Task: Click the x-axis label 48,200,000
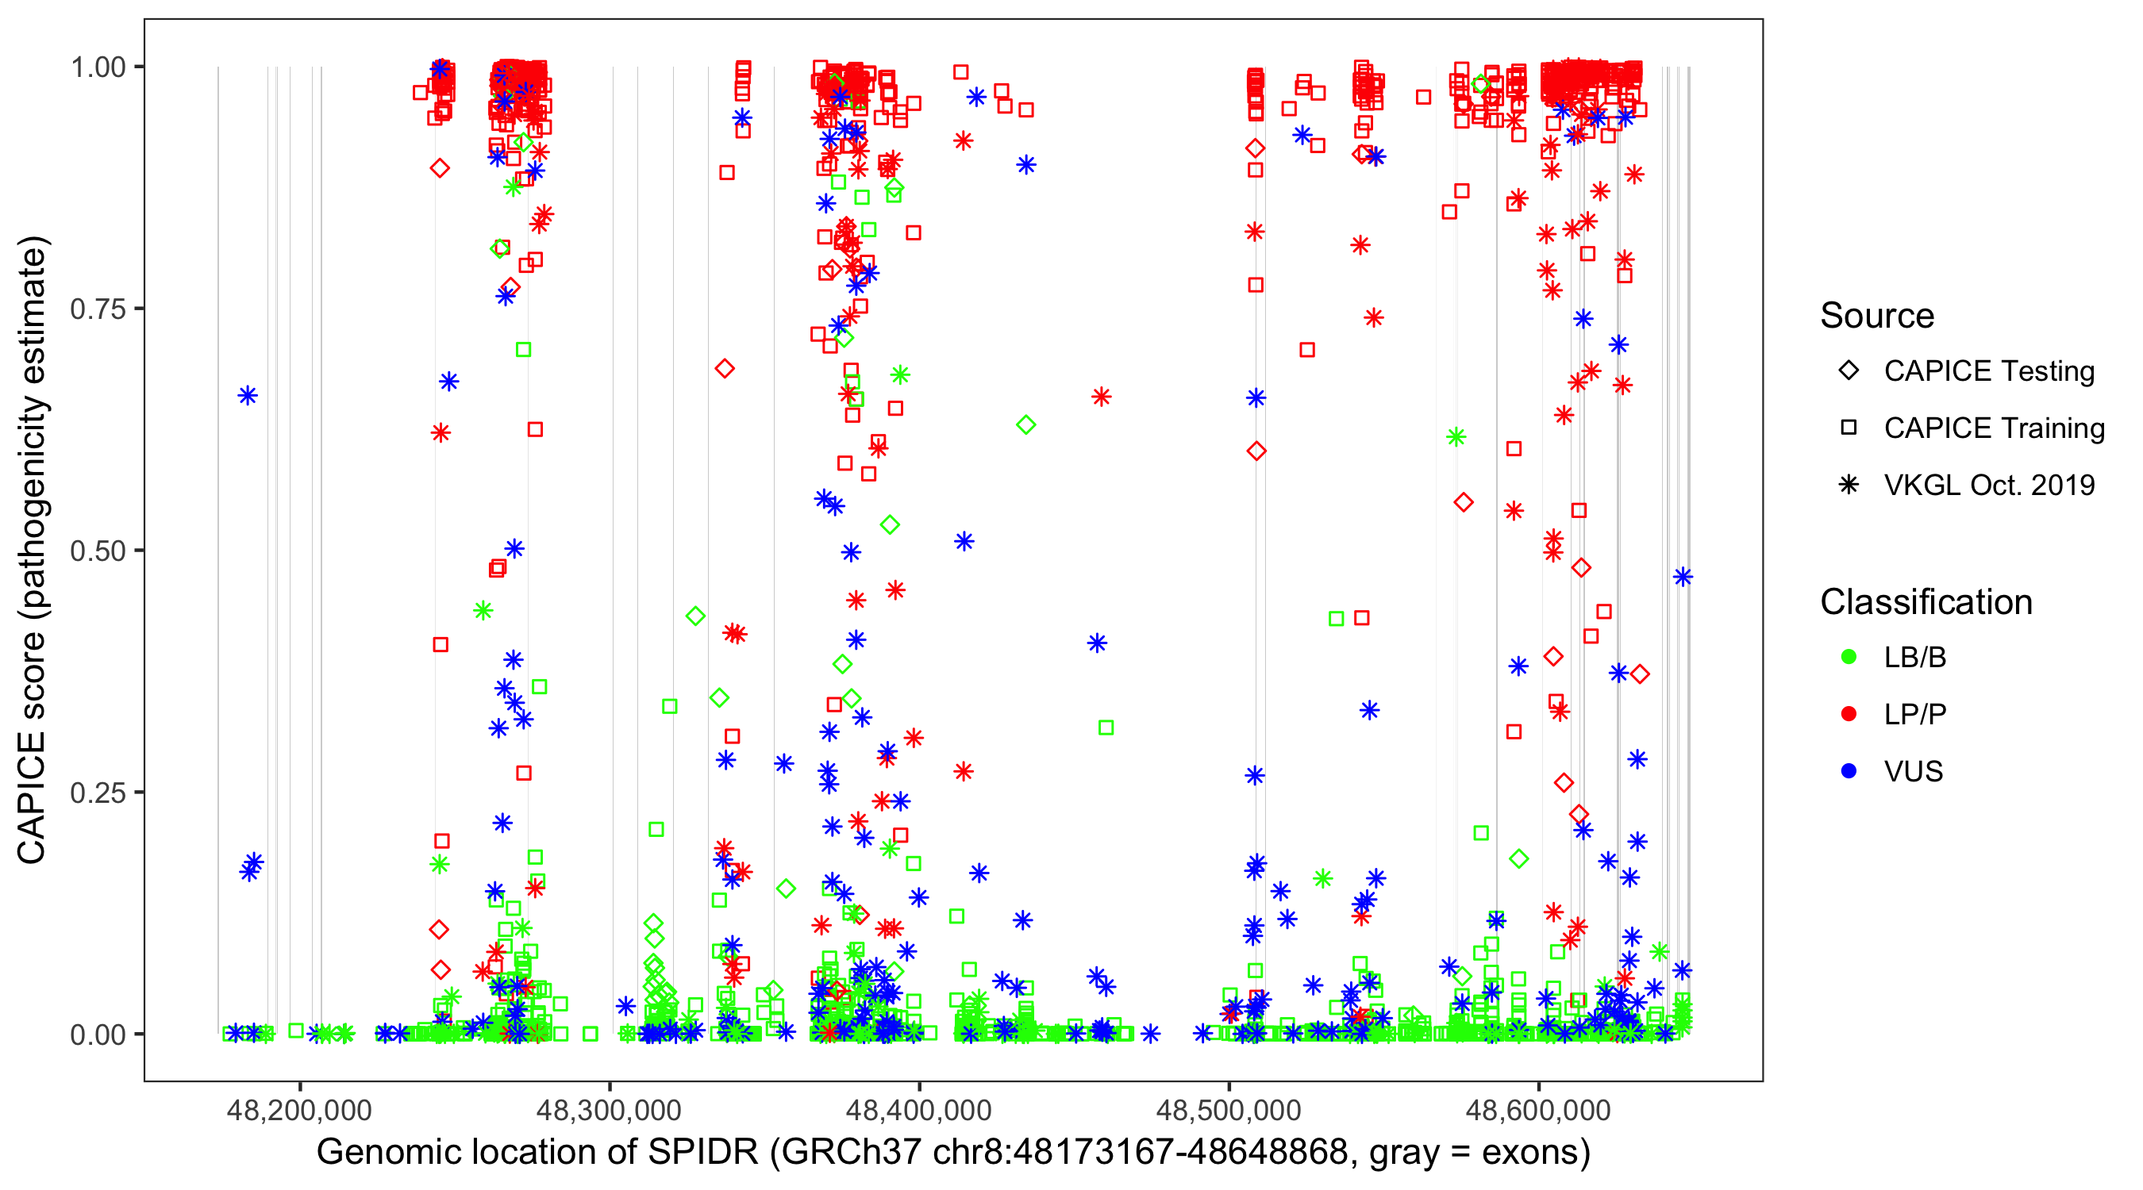pos(299,1110)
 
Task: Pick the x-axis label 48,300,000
pos(609,1110)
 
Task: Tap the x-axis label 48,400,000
pos(918,1110)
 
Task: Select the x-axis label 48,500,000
pos(1229,1110)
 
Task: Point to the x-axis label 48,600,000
pos(1538,1110)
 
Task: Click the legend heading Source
pos(1877,316)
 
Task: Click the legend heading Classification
pos(1926,602)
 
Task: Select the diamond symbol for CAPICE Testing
pos(1849,371)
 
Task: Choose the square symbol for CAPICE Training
pos(1849,428)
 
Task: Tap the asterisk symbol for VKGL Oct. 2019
pos(1849,485)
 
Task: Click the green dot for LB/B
pos(1849,657)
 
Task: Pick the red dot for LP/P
pos(1849,714)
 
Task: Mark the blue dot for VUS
pos(1849,771)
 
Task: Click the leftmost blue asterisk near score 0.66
pos(248,396)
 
